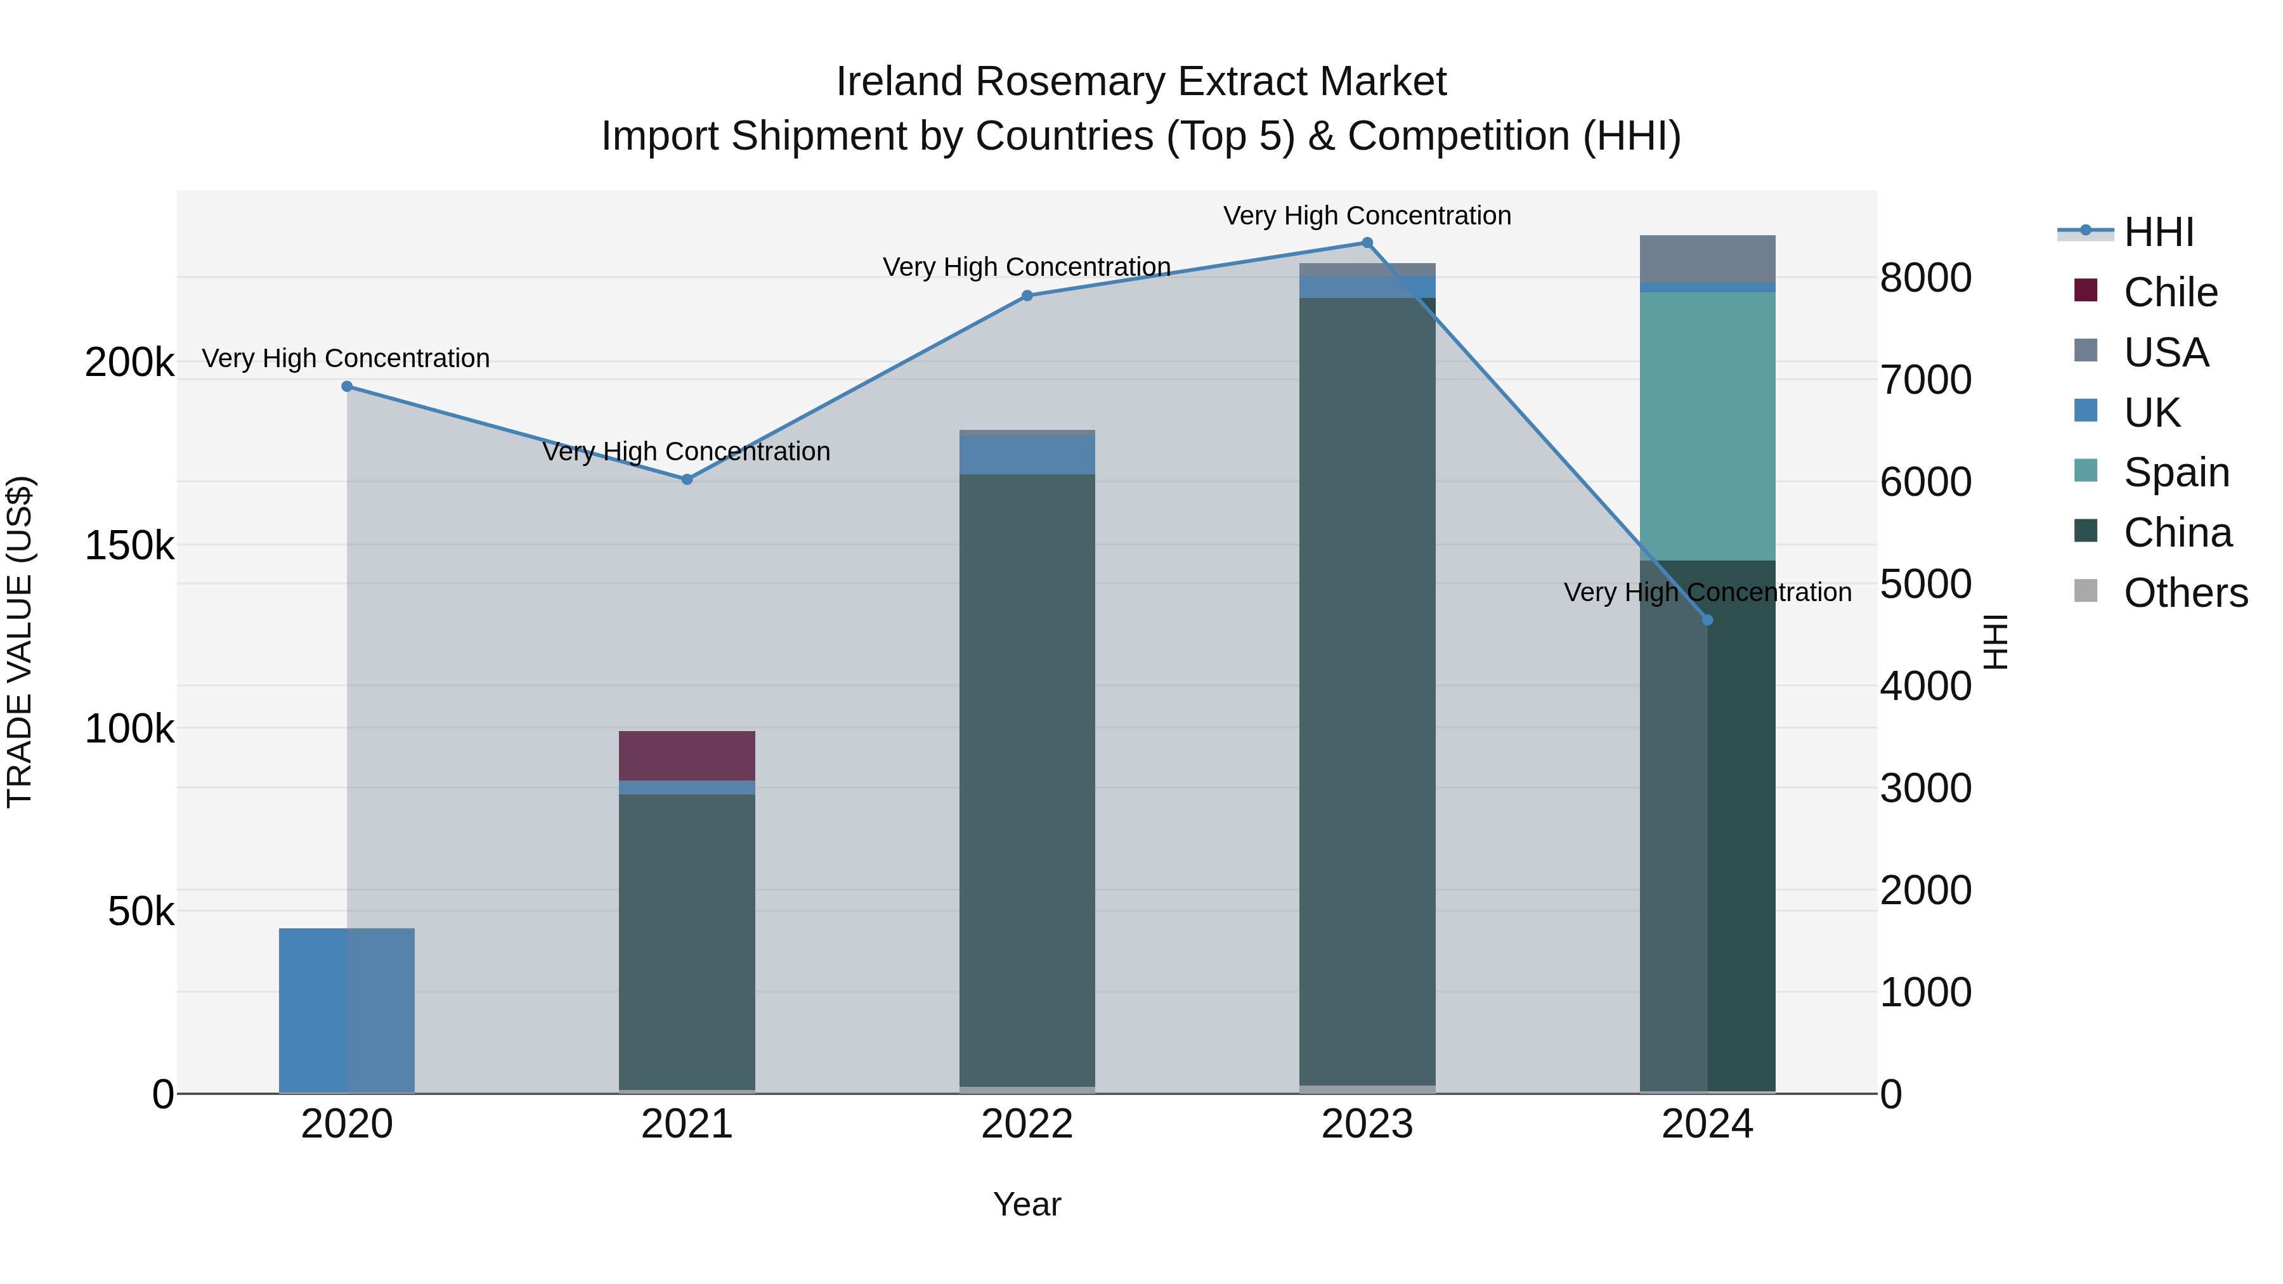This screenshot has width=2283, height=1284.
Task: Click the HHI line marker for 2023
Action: [1367, 243]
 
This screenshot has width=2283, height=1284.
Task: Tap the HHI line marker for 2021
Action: [687, 479]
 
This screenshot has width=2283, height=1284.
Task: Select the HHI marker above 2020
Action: [346, 386]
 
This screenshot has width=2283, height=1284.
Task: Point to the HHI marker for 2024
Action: [1708, 620]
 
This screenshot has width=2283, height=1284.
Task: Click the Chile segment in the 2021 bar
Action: [687, 756]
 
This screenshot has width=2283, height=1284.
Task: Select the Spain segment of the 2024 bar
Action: [1708, 425]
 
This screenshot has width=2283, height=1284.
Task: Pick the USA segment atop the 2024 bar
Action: [1708, 259]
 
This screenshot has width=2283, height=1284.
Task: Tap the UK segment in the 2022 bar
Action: [1027, 455]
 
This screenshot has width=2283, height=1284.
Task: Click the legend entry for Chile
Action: [2169, 292]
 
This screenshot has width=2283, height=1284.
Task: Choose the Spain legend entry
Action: [2176, 472]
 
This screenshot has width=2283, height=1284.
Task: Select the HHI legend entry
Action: [2158, 232]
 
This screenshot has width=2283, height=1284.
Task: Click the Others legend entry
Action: [2185, 593]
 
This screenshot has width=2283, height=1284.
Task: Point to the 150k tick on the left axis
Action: [129, 546]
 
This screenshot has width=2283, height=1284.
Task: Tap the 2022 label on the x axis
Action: [1027, 1124]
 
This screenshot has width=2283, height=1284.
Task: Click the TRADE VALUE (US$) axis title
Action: [20, 642]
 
